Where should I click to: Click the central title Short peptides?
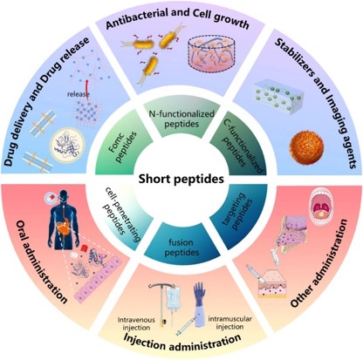[x=182, y=180]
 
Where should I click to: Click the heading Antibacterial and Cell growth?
[x=181, y=18]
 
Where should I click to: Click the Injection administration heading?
[x=181, y=342]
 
